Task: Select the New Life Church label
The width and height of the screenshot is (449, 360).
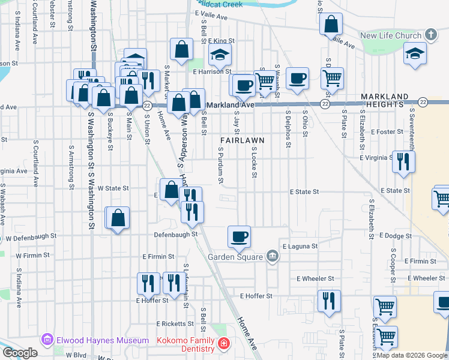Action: (x=391, y=35)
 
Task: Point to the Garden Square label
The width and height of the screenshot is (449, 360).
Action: (x=235, y=257)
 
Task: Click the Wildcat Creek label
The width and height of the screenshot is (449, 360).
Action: (x=217, y=4)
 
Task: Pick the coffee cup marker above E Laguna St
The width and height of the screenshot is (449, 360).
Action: (x=240, y=236)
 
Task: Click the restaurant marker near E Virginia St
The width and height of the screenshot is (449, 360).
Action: (x=403, y=161)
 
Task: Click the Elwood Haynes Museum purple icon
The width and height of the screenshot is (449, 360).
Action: (x=46, y=340)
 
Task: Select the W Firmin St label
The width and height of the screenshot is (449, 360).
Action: (x=32, y=256)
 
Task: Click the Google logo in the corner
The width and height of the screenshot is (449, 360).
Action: (x=20, y=353)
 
